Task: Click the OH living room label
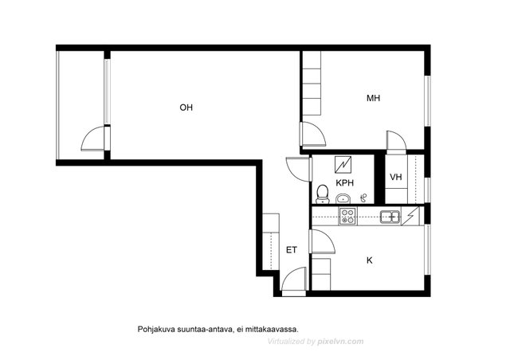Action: [186, 108]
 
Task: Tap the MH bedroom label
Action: [373, 98]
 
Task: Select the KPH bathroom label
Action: [344, 182]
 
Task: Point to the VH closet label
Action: [396, 177]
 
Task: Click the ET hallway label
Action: [292, 250]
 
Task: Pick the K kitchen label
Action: [370, 260]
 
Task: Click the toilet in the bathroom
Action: [323, 194]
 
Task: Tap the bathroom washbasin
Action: [343, 198]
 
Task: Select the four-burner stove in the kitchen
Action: [347, 217]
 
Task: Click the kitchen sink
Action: [390, 217]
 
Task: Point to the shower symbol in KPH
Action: [364, 197]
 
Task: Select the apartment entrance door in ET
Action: [293, 279]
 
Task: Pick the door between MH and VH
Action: [396, 140]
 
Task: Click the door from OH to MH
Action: [315, 134]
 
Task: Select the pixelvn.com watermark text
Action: [340, 342]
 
